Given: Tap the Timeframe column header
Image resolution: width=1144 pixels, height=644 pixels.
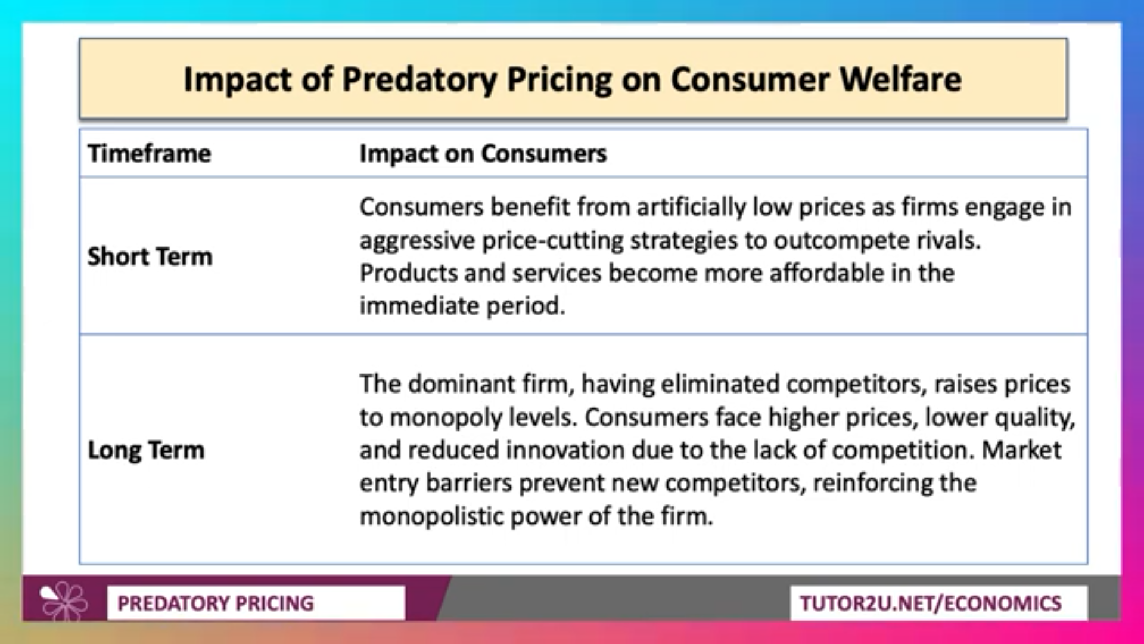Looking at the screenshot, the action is click(x=150, y=153).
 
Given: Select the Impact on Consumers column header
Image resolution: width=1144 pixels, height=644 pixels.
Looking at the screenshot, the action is click(x=483, y=153).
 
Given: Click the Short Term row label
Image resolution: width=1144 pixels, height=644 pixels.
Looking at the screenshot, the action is click(x=150, y=256).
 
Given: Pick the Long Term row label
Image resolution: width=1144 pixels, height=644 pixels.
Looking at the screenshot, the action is click(x=146, y=450).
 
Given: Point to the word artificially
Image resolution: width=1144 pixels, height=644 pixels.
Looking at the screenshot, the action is click(x=691, y=207).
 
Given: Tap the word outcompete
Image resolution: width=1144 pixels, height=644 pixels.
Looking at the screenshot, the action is click(x=841, y=241).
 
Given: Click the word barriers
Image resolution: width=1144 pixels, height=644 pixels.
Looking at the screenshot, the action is click(x=469, y=483).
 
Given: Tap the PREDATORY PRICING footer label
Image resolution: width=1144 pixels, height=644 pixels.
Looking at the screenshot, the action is click(x=216, y=603).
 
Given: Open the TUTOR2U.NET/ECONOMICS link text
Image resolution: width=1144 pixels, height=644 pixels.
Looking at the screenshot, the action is click(x=931, y=603).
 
